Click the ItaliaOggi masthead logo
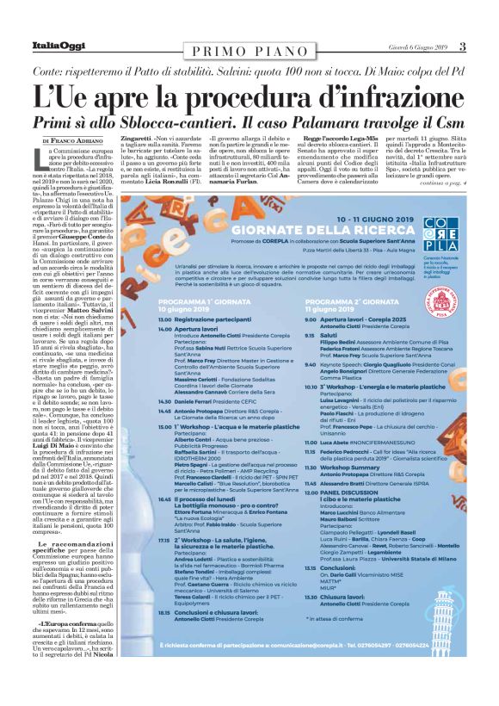tap(59, 46)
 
